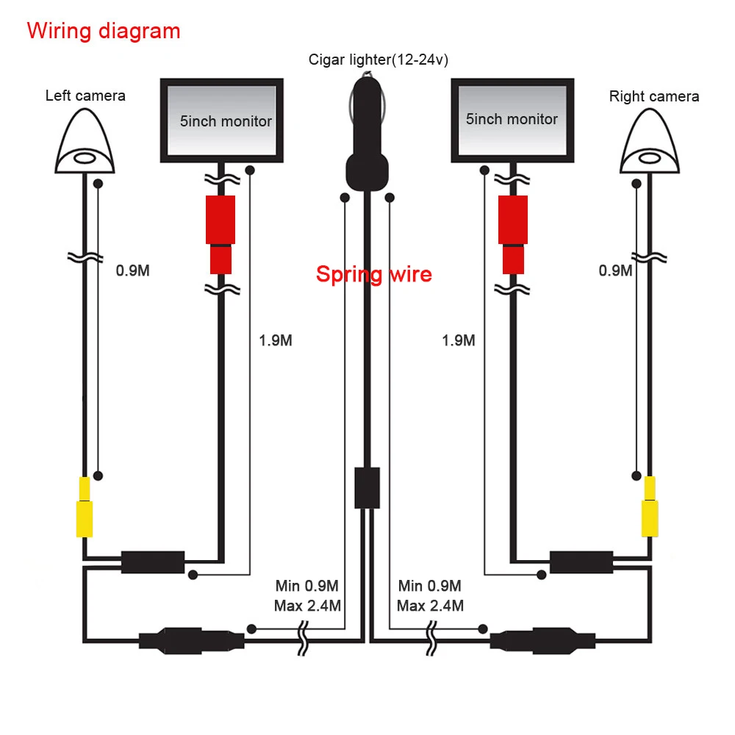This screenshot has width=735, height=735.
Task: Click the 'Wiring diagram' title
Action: click(x=103, y=31)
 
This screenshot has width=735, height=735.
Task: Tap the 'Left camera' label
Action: click(x=85, y=96)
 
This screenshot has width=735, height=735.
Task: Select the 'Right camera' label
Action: click(x=653, y=96)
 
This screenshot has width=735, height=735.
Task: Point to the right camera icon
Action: click(x=650, y=142)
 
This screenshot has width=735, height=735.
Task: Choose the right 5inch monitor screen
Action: click(x=512, y=119)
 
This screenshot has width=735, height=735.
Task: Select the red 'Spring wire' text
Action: click(x=373, y=275)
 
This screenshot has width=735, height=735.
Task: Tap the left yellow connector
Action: click(x=85, y=507)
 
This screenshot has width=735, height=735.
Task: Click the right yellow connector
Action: click(x=650, y=507)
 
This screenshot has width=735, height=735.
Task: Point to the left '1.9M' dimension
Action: click(x=276, y=341)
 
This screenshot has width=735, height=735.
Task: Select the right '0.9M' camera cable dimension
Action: click(x=615, y=270)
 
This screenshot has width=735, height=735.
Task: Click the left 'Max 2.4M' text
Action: click(x=306, y=606)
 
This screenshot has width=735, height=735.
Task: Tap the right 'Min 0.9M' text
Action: click(x=429, y=586)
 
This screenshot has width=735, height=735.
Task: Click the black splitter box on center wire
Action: click(x=367, y=487)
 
